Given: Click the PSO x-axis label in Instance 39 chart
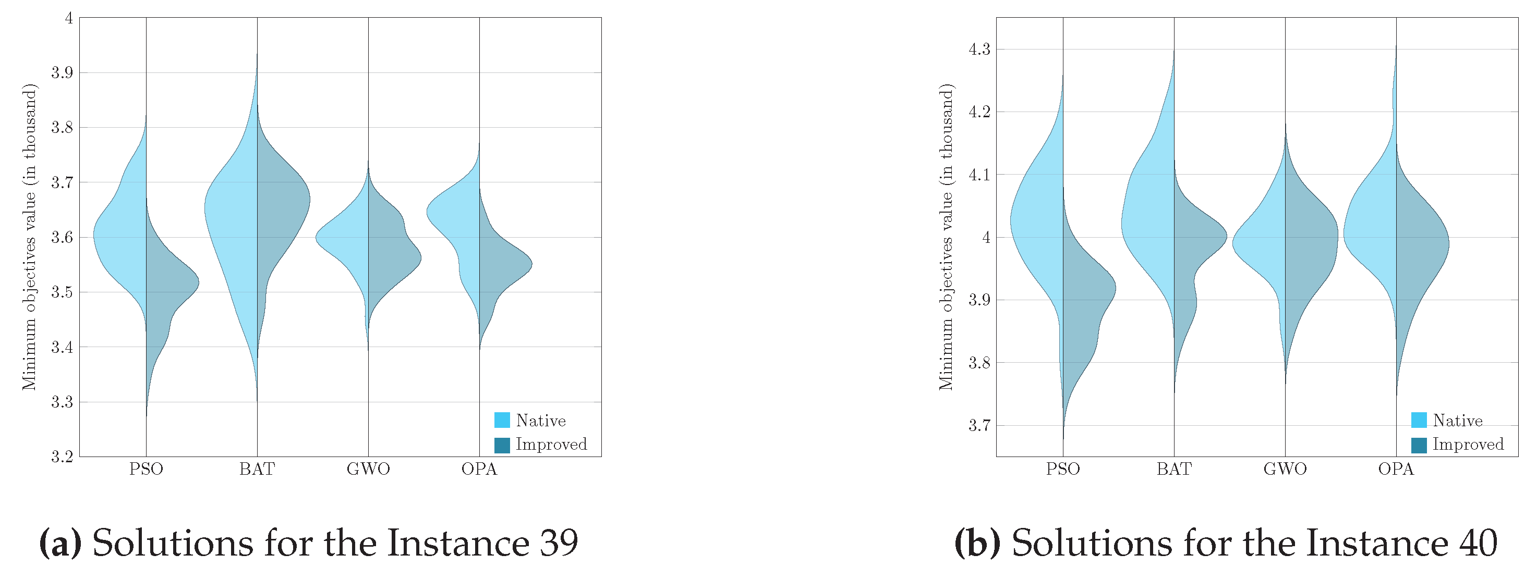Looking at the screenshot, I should (146, 469).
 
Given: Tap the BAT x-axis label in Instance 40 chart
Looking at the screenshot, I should (1173, 469).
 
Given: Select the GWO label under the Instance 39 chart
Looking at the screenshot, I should (368, 469).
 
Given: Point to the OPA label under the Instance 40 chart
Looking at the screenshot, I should (1396, 469).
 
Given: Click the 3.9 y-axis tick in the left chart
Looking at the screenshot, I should (62, 73).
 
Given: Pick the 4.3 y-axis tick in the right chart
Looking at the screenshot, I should (979, 49).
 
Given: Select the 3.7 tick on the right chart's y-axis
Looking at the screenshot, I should (979, 426).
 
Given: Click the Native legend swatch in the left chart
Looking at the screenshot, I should (502, 421).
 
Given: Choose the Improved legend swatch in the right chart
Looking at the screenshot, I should (1419, 445).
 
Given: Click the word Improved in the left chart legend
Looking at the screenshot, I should (551, 444).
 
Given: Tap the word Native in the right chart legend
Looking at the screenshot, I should (1458, 421).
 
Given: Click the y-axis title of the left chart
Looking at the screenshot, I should (29, 237).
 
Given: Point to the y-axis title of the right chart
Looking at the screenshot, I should (946, 237).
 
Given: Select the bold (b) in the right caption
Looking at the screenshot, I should (977, 543).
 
